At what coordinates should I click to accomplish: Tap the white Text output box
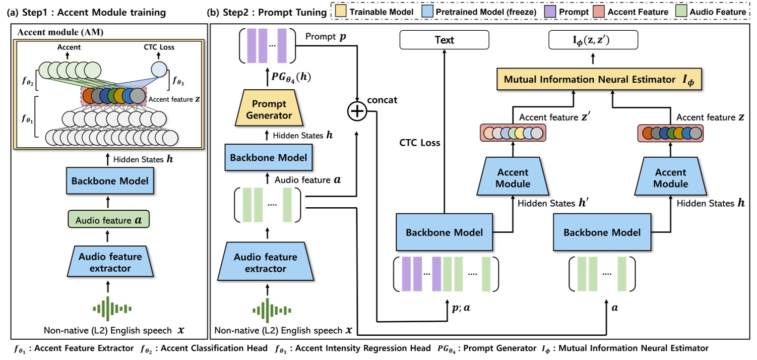coord(444,40)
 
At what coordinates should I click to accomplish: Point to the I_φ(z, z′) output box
coord(593,40)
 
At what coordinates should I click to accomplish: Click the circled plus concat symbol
coord(357,112)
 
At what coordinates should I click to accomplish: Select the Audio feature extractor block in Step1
coord(109,262)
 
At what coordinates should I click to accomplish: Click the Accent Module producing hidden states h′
coord(513,178)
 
